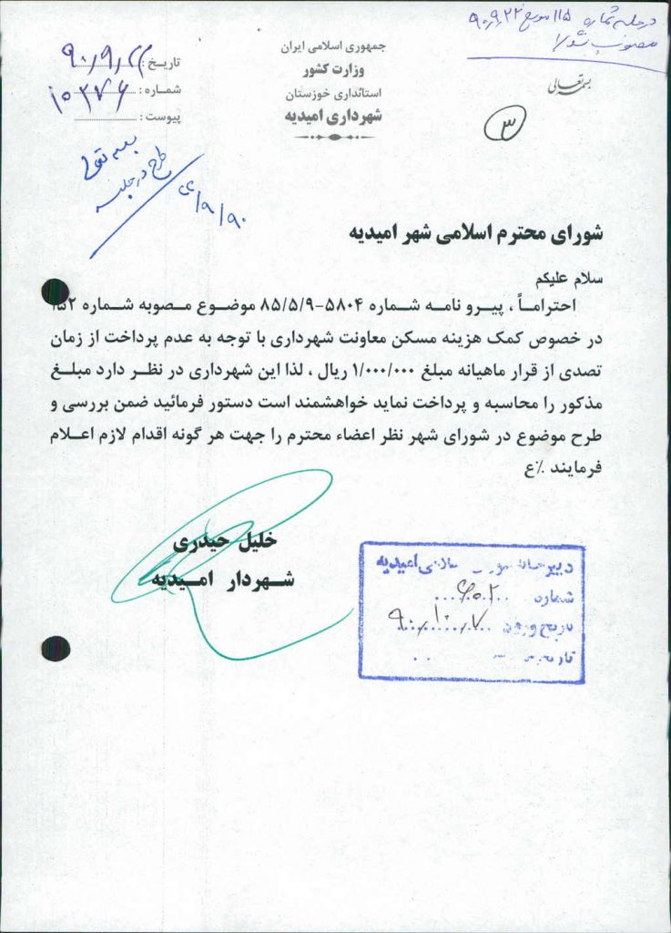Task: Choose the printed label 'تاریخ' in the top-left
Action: pyautogui.click(x=165, y=63)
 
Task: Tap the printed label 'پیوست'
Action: pyautogui.click(x=163, y=118)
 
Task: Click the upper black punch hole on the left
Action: pyautogui.click(x=55, y=292)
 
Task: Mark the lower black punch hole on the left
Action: pyautogui.click(x=55, y=648)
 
